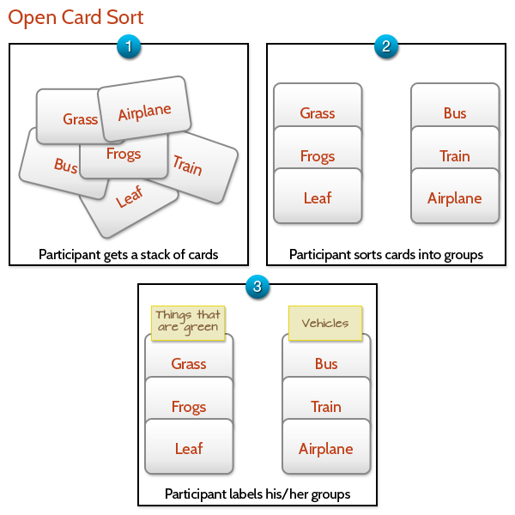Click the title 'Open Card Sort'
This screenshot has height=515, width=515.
click(76, 17)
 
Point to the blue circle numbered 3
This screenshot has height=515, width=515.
click(257, 287)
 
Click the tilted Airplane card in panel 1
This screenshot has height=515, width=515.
click(145, 110)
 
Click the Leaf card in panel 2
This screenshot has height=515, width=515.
click(318, 198)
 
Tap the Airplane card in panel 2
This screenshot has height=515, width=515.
click(455, 198)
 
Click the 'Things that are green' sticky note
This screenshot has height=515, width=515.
click(188, 322)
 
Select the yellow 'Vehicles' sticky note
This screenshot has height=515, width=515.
click(325, 323)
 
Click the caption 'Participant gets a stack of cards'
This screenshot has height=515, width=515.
click(129, 254)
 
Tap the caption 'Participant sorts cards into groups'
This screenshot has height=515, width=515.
click(386, 254)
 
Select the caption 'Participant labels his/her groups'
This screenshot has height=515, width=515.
click(257, 494)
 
